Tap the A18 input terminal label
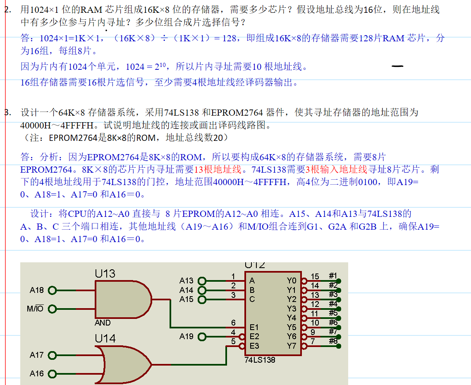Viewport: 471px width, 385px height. (36, 290)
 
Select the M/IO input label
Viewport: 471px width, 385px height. (35, 309)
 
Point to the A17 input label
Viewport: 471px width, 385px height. (36, 355)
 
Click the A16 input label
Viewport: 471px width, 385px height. (36, 373)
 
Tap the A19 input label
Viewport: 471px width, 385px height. (186, 337)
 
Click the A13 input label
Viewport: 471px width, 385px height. (186, 281)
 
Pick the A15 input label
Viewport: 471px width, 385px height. (186, 299)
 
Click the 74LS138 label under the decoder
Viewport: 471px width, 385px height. (260, 360)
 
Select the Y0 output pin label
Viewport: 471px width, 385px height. (292, 281)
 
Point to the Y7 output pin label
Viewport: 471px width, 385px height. (292, 346)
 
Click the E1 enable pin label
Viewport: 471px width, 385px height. (254, 327)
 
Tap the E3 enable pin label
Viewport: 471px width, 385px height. (254, 346)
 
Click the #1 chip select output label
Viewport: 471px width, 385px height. (333, 276)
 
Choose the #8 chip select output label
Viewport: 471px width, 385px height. (333, 341)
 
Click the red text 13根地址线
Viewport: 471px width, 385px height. (218, 169)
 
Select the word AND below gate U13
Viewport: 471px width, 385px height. (103, 323)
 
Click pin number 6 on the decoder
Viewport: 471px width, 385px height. (233, 323)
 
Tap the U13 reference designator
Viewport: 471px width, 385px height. (105, 273)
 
